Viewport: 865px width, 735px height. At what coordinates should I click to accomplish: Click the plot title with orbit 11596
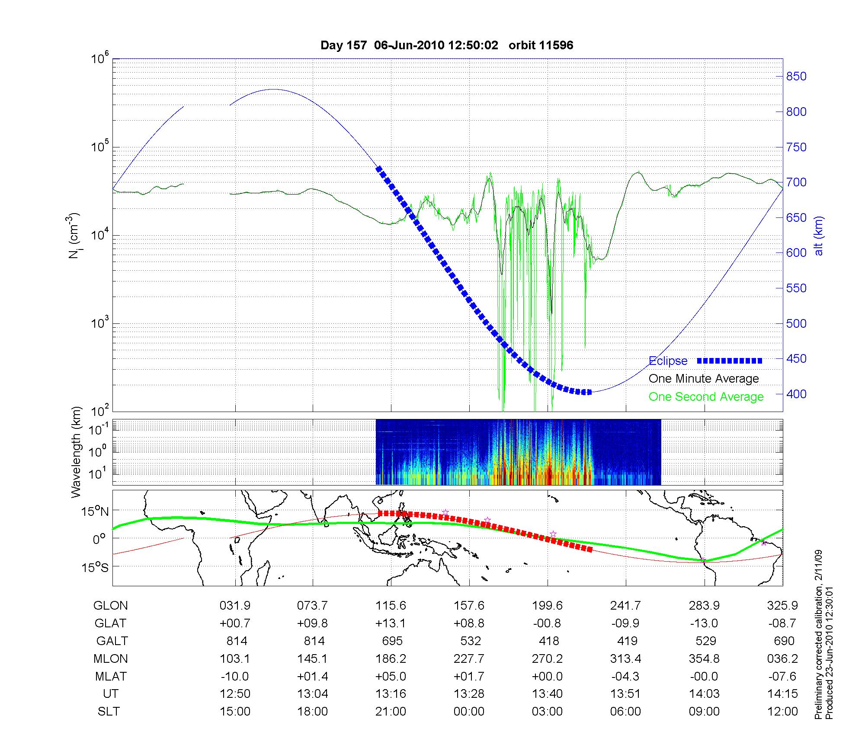coord(447,45)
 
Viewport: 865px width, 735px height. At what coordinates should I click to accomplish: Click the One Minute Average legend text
coord(704,379)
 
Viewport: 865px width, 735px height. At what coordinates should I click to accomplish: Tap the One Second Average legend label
coord(706,397)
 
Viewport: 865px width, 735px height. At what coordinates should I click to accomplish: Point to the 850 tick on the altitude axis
coord(796,77)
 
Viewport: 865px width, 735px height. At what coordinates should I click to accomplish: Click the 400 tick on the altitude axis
coord(796,394)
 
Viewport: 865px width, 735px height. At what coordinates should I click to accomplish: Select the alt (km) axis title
coord(819,236)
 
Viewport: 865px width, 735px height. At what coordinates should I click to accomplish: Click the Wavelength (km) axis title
coord(76,452)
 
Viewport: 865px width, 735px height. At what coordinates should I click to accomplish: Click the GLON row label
coord(110,605)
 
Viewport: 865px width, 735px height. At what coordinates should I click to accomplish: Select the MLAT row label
coord(111,676)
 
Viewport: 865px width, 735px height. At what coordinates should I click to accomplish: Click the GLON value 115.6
coord(391,605)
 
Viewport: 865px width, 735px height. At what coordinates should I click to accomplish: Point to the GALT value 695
coord(392,641)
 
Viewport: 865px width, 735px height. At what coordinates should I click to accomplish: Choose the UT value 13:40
coord(548,694)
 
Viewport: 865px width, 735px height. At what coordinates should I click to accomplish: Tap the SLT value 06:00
coord(626,712)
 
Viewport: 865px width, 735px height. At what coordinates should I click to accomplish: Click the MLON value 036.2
coord(782,658)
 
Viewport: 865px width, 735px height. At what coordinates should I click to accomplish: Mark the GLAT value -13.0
coord(704,623)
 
